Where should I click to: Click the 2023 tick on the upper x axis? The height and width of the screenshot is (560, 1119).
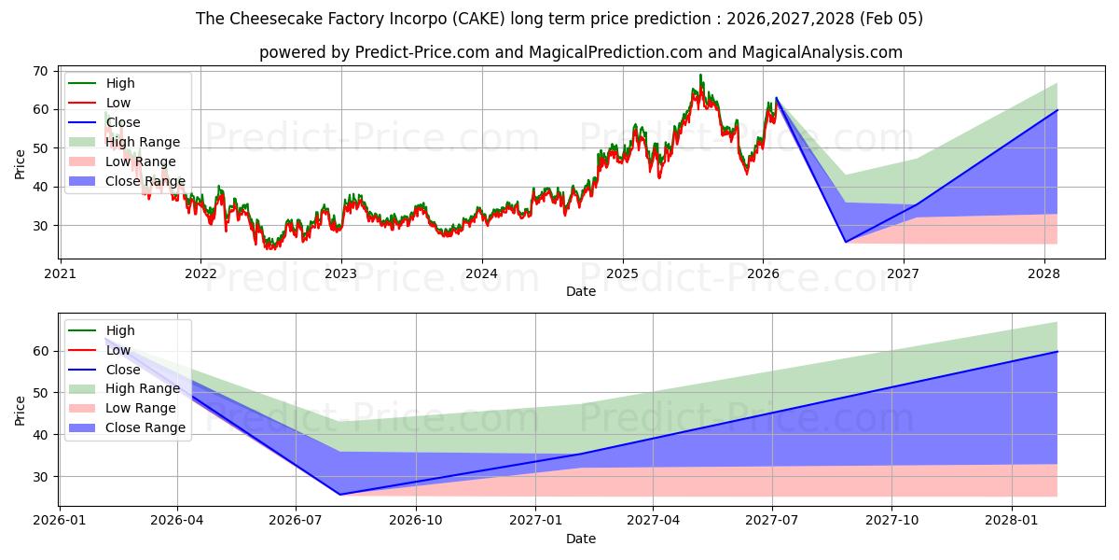341,273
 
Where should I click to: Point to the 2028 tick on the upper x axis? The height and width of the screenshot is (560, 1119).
1043,273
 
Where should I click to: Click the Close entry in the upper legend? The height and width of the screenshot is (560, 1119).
123,122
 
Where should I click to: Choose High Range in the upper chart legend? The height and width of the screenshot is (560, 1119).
143,142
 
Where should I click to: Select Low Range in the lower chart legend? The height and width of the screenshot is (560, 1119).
141,408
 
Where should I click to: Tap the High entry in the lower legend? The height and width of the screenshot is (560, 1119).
120,330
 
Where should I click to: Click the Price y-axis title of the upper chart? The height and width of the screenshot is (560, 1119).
20,163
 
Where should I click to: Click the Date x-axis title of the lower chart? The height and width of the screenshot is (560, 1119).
581,539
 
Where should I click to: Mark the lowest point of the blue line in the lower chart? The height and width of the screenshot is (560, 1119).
339,495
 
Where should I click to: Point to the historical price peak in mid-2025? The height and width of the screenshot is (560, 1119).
700,75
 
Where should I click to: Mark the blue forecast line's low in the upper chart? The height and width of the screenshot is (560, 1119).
846,242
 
